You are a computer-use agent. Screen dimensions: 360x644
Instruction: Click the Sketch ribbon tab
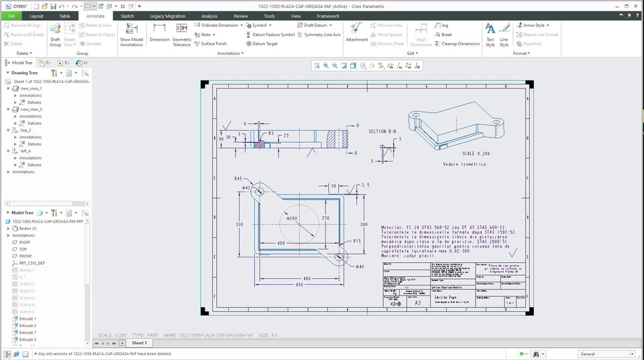(x=127, y=15)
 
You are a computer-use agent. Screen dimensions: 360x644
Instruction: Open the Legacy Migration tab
(x=167, y=15)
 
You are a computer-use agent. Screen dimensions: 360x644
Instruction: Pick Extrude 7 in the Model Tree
(x=28, y=333)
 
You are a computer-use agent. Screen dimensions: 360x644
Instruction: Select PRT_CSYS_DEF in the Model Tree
(x=32, y=263)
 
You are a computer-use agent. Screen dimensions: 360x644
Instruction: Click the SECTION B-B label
(x=382, y=131)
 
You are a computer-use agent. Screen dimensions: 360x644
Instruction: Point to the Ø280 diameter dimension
(x=292, y=219)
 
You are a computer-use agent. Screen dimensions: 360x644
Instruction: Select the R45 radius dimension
(x=238, y=179)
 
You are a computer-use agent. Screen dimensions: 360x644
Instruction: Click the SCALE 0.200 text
(x=476, y=153)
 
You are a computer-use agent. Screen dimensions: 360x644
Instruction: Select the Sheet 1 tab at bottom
(x=138, y=343)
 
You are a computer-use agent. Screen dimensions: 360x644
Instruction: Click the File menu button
(x=11, y=15)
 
